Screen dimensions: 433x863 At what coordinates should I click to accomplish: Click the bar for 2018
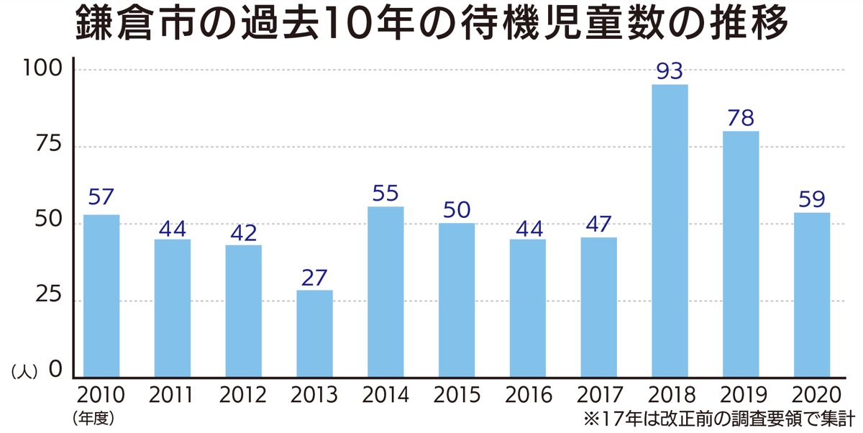tap(670, 230)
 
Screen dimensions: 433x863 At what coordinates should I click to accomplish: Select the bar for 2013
tap(314, 333)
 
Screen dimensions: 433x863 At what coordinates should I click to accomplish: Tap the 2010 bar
tap(101, 295)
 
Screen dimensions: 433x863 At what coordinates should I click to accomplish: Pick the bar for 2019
tap(741, 253)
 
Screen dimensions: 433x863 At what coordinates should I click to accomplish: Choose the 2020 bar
tap(812, 294)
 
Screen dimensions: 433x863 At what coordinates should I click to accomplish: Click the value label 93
tap(670, 71)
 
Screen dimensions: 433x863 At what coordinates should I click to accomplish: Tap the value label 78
tap(741, 118)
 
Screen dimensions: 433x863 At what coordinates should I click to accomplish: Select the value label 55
tap(385, 193)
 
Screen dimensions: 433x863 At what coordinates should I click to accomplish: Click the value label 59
tap(812, 199)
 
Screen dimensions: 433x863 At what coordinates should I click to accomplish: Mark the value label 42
tap(243, 233)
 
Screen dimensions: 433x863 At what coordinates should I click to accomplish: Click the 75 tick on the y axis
tap(50, 145)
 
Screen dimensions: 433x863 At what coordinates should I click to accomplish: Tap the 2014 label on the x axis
tap(385, 395)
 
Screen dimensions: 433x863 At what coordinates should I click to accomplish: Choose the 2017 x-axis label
tap(598, 395)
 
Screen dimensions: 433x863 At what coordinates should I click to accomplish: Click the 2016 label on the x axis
tap(528, 395)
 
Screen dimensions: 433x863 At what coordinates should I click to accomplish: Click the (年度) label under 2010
tap(93, 417)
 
